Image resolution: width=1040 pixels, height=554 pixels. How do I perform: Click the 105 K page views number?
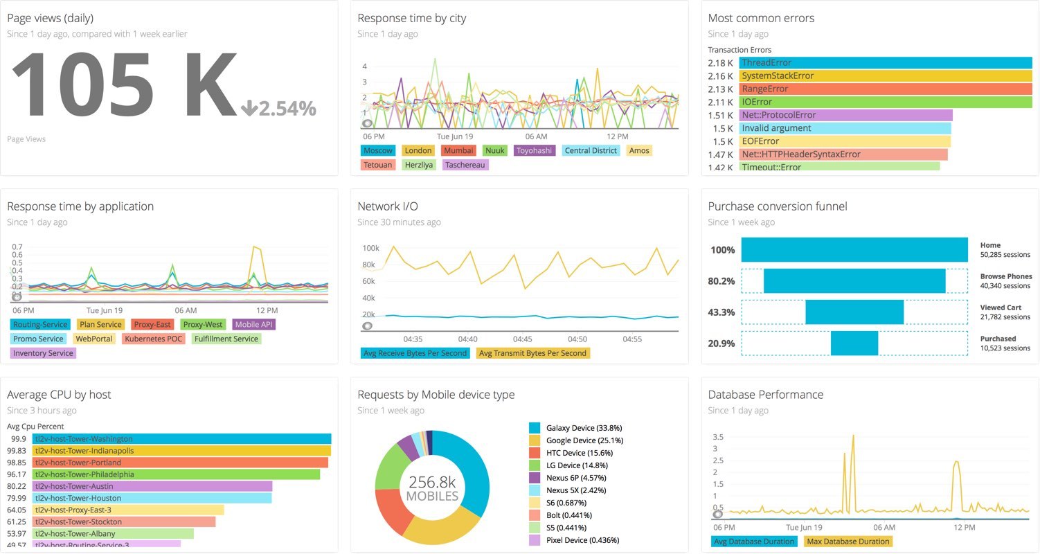pyautogui.click(x=123, y=84)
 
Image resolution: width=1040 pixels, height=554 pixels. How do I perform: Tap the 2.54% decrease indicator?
pyautogui.click(x=278, y=109)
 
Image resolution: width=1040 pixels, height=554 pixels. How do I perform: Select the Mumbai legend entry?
pyautogui.click(x=458, y=150)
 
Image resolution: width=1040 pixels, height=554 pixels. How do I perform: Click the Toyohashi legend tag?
pyautogui.click(x=535, y=150)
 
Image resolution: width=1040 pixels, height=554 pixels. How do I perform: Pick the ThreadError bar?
pyautogui.click(x=885, y=63)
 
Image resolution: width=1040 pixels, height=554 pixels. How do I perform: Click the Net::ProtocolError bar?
pyautogui.click(x=845, y=115)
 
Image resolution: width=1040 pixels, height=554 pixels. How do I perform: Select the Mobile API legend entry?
pyautogui.click(x=255, y=325)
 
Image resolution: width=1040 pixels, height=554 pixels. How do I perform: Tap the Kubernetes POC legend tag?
pyautogui.click(x=154, y=339)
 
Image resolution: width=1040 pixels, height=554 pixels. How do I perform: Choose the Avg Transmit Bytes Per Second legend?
pyautogui.click(x=532, y=353)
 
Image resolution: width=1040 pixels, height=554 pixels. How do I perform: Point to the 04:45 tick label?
pyautogui.click(x=523, y=339)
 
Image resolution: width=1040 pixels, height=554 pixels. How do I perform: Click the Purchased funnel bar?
pyautogui.click(x=854, y=343)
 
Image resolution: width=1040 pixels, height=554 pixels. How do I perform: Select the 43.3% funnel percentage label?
pyautogui.click(x=721, y=312)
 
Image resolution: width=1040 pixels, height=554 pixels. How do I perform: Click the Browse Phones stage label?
pyautogui.click(x=1005, y=276)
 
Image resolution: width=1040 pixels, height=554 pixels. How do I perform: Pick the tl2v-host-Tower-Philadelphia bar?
pyautogui.click(x=177, y=475)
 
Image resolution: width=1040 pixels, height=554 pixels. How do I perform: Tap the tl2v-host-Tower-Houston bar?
pyautogui.click(x=152, y=499)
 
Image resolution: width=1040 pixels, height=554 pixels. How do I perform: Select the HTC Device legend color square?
pyautogui.click(x=534, y=453)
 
